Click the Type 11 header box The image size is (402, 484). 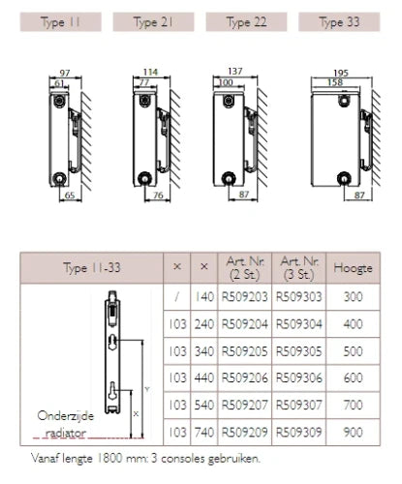(61, 22)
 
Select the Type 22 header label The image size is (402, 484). (246, 22)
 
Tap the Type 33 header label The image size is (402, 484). (339, 22)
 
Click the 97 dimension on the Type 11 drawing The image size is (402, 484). (65, 73)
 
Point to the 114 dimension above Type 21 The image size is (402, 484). (150, 72)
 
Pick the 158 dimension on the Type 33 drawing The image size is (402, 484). (335, 82)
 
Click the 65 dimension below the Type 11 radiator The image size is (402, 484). (70, 196)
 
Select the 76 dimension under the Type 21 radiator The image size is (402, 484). (158, 196)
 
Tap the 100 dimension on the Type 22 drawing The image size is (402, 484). (226, 82)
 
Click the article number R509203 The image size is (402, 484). (245, 297)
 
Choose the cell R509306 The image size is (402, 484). (299, 378)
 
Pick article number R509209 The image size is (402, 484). (245, 432)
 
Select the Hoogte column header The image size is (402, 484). (353, 268)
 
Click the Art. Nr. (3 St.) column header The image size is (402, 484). (299, 268)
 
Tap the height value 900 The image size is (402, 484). (353, 432)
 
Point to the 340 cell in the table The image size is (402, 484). (204, 351)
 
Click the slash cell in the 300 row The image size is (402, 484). (176, 297)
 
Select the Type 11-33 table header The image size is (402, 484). (92, 268)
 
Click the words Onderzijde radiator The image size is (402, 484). (66, 424)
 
